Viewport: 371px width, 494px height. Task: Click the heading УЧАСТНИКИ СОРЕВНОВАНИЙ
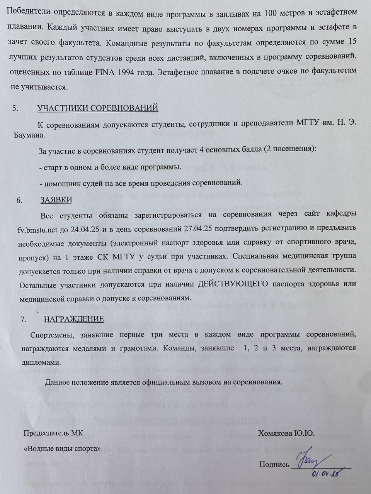click(x=98, y=108)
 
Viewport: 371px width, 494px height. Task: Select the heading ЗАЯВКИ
click(x=56, y=200)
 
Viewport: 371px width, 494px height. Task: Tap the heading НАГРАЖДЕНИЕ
click(x=74, y=319)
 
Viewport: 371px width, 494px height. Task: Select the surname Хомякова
click(x=275, y=433)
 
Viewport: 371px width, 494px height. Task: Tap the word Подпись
click(x=274, y=465)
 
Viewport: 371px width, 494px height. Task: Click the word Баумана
click(x=27, y=135)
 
